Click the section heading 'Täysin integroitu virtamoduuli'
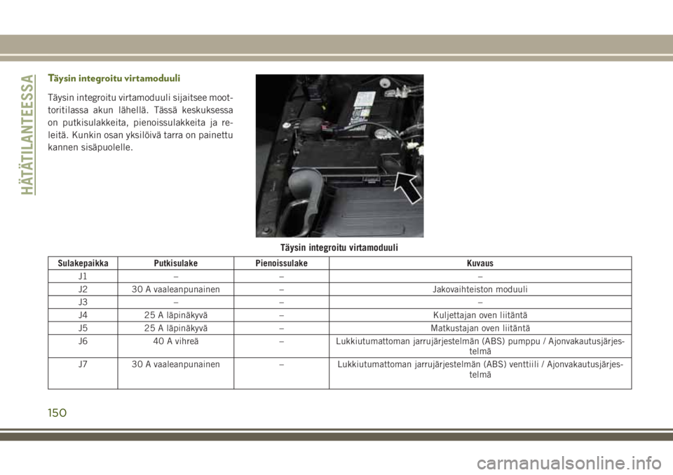114,78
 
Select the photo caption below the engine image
339,247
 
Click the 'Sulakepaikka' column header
83,263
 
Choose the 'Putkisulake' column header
175,263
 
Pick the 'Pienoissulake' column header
282,263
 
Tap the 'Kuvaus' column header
480,263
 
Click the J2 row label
83,289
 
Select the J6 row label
83,341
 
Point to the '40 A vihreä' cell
175,341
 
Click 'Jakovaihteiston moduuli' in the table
480,289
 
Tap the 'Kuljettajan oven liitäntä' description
480,315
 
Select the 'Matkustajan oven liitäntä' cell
480,329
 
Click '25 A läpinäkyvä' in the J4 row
175,315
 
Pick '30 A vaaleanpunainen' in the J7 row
175,364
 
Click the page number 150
57,413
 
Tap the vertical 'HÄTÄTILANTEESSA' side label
27,135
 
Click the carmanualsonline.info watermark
569,463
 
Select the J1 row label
83,276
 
